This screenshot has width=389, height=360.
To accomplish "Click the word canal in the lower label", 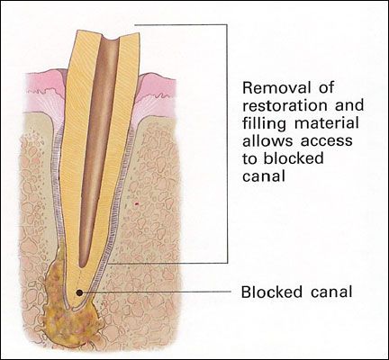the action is click(331, 292).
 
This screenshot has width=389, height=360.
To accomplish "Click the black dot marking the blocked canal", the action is click(79, 292).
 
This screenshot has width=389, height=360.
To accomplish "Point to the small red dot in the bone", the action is click(136, 204).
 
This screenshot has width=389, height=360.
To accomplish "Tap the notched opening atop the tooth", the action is click(110, 39).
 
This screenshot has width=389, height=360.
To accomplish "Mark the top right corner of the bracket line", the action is click(227, 24).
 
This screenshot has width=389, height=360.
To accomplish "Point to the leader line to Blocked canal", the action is click(156, 292).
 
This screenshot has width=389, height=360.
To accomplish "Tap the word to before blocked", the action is click(250, 159).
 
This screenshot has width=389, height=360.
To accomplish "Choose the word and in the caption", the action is click(349, 105).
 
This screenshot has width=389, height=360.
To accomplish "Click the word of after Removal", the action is click(326, 87).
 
